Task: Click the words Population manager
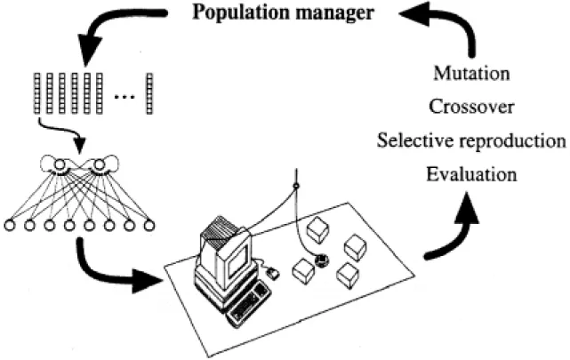tap(283, 13)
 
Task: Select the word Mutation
tap(471, 74)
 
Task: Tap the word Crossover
tap(471, 107)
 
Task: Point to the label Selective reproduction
tap(471, 140)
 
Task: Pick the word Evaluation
tap(471, 174)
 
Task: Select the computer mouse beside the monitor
tap(273, 273)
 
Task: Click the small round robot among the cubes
tap(322, 260)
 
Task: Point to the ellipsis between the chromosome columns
tap(124, 97)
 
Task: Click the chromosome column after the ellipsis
tap(149, 93)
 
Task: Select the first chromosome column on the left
tap(36, 93)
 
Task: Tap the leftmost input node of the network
tap(10, 226)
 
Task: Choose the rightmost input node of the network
tap(149, 226)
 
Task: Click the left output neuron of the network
tap(60, 165)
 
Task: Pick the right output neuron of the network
tap(99, 165)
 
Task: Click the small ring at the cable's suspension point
tap(296, 187)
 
